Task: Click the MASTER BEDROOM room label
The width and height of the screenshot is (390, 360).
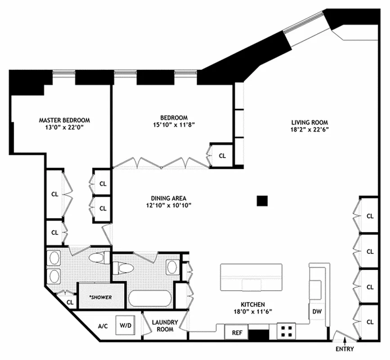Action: [x=64, y=120]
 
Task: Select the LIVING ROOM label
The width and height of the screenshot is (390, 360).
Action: [x=309, y=122]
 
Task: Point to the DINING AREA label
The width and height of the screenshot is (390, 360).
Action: [x=168, y=198]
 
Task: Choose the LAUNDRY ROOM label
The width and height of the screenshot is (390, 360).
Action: [x=165, y=326]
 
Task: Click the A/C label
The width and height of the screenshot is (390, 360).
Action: [x=103, y=326]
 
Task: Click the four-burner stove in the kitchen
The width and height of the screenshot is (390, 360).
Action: [x=286, y=332]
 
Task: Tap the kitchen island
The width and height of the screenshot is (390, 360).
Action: [x=251, y=278]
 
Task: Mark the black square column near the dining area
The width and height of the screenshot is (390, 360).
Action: [x=262, y=201]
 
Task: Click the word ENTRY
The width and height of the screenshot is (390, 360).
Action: [x=345, y=349]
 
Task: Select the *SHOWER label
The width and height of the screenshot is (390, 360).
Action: [x=101, y=298]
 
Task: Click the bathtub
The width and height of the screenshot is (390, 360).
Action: [x=150, y=299]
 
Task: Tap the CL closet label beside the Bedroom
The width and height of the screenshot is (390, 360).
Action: [x=222, y=156]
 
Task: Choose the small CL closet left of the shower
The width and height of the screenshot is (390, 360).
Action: [x=70, y=302]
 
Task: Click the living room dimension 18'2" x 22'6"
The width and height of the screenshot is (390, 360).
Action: [x=309, y=130]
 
